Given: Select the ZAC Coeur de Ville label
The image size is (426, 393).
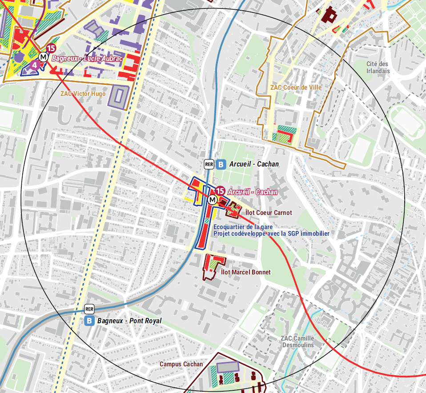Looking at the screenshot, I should coord(296,87).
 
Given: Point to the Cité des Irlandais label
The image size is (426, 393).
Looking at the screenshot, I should coord(378,67).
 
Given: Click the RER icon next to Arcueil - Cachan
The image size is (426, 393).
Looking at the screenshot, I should coord(209,164).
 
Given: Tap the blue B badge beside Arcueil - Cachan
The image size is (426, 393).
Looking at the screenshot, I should coord(221,164).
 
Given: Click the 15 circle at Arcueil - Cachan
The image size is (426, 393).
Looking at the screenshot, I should coord(220,191).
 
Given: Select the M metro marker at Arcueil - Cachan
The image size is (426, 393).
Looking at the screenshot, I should coord(213,200).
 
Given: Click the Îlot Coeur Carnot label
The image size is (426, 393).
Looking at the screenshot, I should coord(269,213).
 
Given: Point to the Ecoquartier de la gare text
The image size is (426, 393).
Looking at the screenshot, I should coord(243,227).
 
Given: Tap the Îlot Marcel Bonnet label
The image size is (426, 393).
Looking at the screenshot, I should coord(245,272).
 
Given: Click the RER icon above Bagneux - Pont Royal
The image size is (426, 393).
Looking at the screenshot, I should coord(89,309).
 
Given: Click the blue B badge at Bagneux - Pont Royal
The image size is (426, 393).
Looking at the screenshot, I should coord(89,321).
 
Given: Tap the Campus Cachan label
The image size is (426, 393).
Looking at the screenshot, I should coord(181,364).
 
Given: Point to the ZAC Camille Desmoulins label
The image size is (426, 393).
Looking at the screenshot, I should coord(297,341).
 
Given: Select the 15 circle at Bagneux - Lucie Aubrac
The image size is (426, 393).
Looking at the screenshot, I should coord(51,48).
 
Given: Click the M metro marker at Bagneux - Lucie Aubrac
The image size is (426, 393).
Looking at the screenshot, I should coord(43,57).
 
